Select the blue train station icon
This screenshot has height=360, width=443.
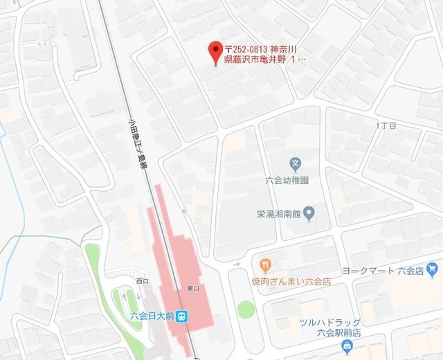click(x=182, y=316)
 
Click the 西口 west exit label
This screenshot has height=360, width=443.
click(x=143, y=280)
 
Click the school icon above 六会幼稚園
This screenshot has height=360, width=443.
click(x=296, y=165)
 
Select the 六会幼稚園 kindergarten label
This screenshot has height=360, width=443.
click(x=286, y=179)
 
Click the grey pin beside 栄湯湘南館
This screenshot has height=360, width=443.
click(x=310, y=212)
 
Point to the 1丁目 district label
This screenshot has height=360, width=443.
click(x=385, y=126)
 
